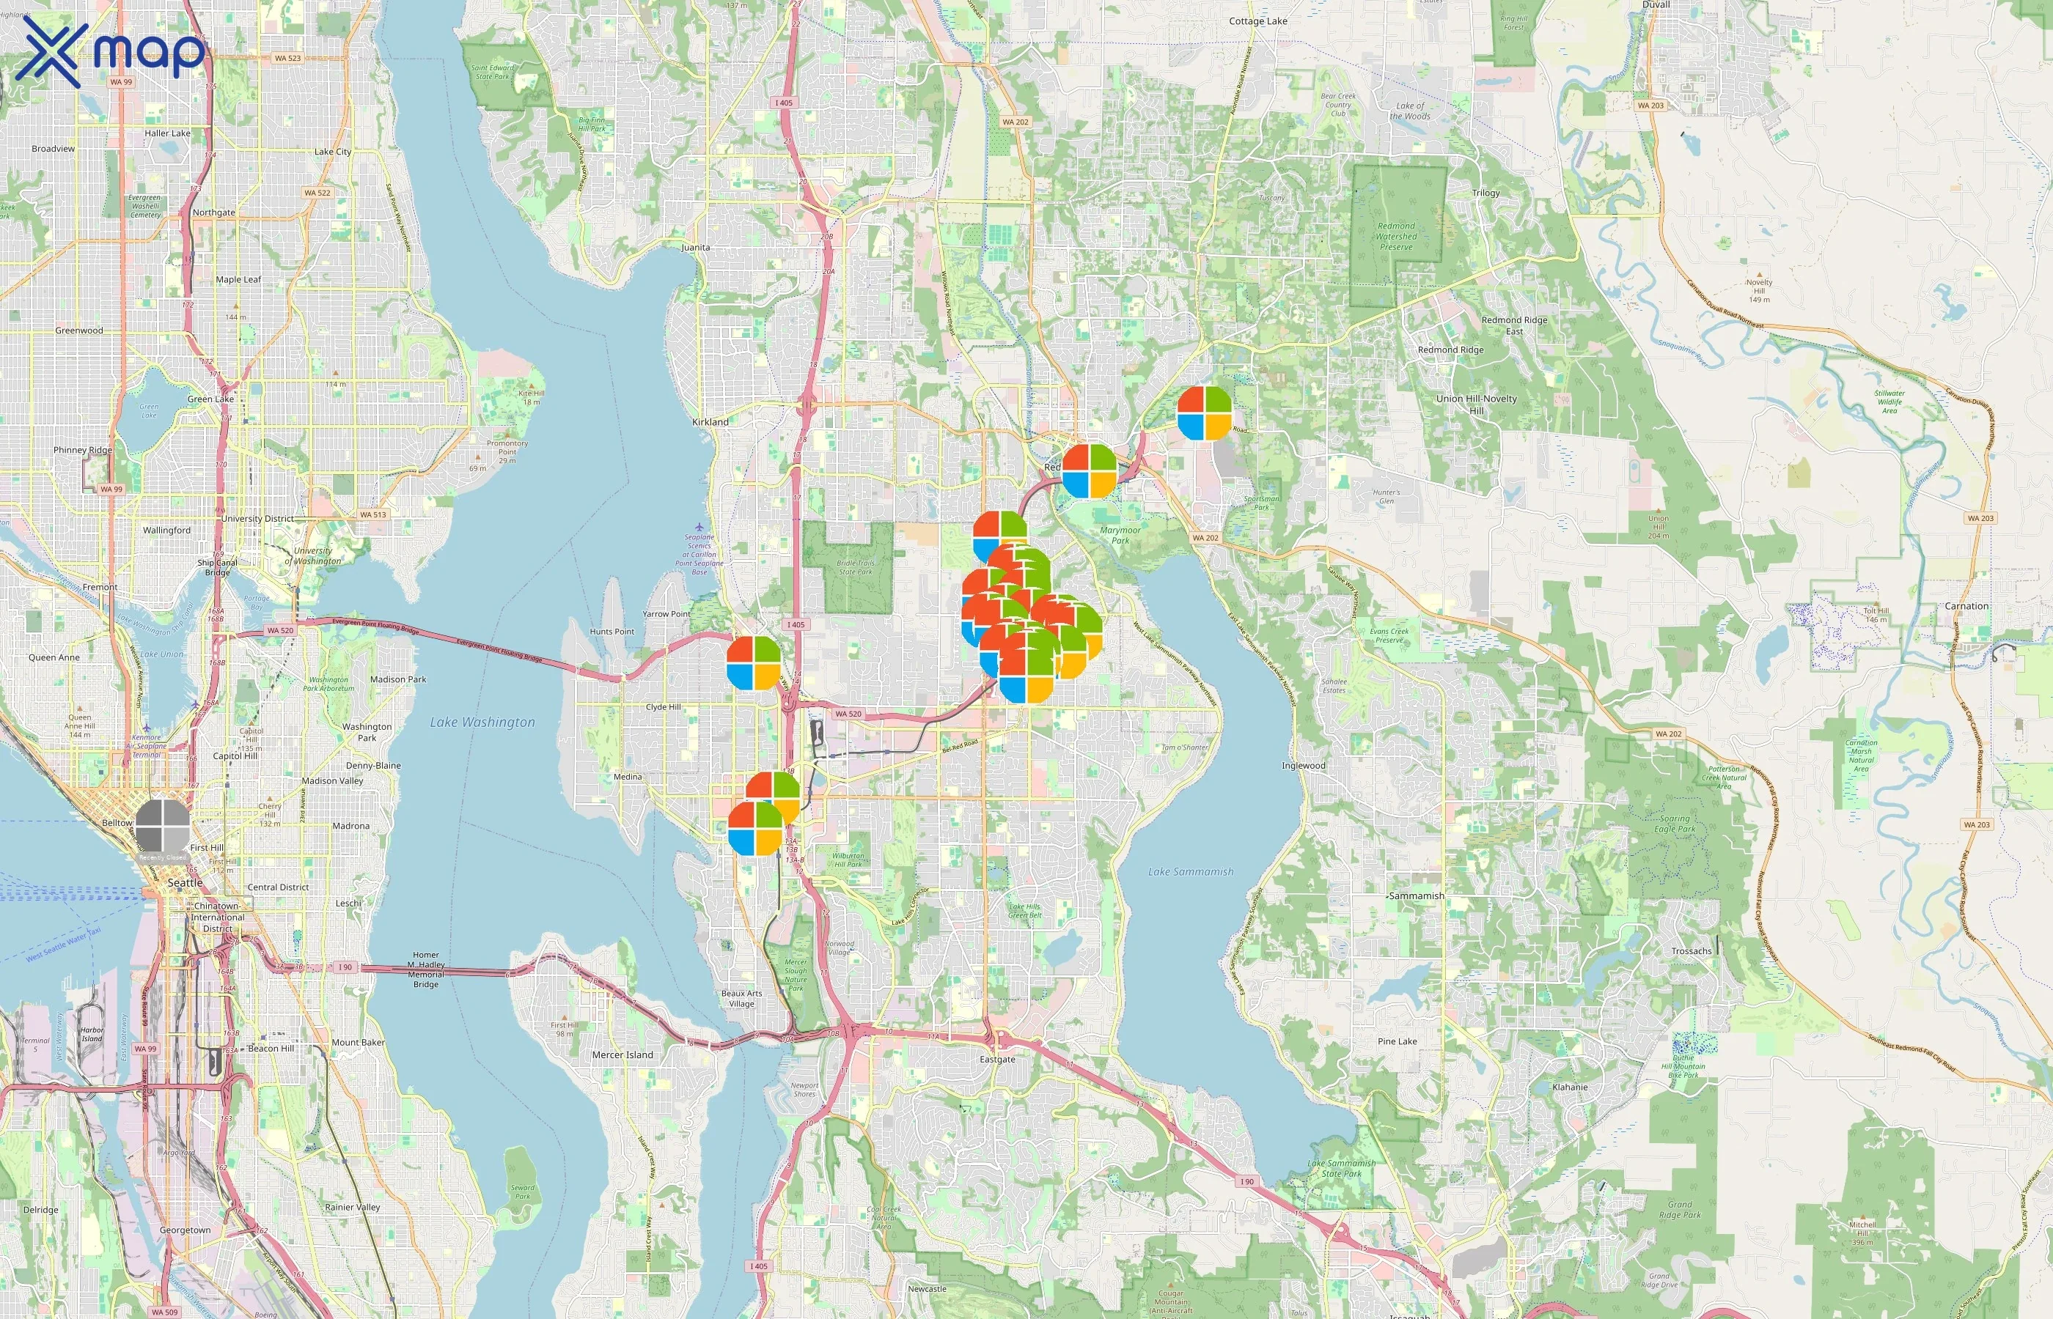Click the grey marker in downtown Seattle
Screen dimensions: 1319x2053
point(162,827)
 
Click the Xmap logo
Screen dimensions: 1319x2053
point(111,53)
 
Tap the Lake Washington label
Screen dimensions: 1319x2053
point(482,722)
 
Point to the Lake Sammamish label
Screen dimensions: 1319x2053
point(1190,871)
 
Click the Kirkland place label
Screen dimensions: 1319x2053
point(710,421)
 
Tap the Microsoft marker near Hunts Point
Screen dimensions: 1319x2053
point(754,663)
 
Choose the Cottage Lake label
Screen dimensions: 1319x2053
point(1258,21)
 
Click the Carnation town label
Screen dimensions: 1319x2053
point(1966,605)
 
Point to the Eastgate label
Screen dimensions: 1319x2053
point(997,1059)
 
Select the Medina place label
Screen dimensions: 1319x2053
point(627,776)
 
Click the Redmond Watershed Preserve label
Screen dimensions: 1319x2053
point(1397,237)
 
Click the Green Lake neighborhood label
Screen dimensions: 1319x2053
point(210,399)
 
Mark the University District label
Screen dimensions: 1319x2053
point(257,518)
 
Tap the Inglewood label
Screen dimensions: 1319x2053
point(1303,765)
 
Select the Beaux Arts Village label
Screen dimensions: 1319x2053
point(741,998)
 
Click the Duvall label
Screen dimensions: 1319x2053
point(1656,5)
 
